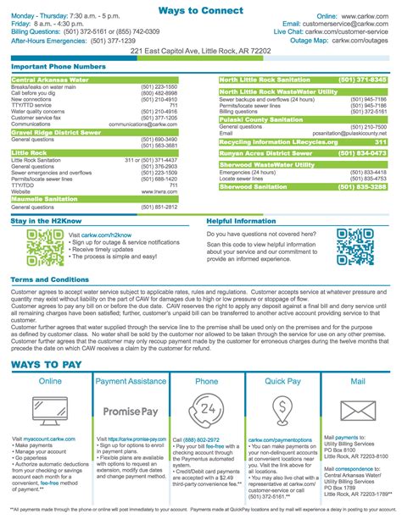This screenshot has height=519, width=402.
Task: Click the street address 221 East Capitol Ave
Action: pyautogui.click(x=201, y=51)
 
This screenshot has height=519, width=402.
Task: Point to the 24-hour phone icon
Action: pyautogui.click(x=207, y=411)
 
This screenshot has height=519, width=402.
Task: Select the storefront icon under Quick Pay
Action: pyautogui.click(x=284, y=411)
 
